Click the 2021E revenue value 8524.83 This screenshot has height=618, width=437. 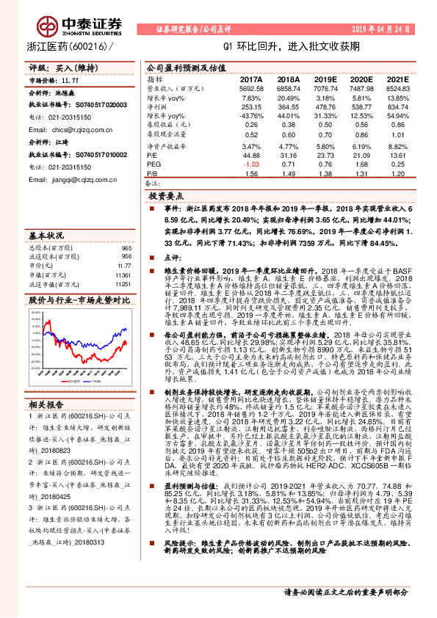click(x=397, y=88)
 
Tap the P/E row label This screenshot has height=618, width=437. click(x=153, y=156)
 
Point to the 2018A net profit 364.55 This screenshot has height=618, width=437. click(x=289, y=107)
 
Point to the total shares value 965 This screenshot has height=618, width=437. click(x=125, y=249)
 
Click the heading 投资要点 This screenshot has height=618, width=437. click(x=165, y=197)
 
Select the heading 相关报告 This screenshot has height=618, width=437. click(x=46, y=425)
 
